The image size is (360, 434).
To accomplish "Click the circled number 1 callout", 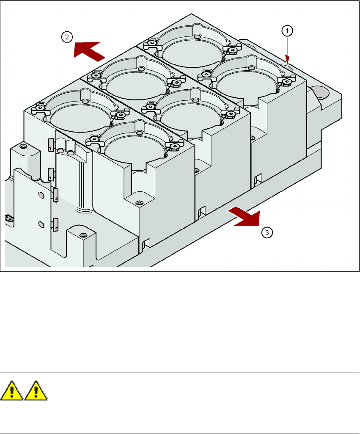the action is [287, 30].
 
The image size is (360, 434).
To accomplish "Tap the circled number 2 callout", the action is [66, 37].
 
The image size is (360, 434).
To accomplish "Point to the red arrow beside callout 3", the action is [244, 217].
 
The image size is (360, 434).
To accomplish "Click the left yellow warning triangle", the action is [12, 390].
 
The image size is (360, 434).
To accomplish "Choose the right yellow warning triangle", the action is [36, 390].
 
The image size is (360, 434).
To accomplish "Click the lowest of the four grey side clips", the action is [55, 223].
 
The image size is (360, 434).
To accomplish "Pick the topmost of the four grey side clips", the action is [50, 145].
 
